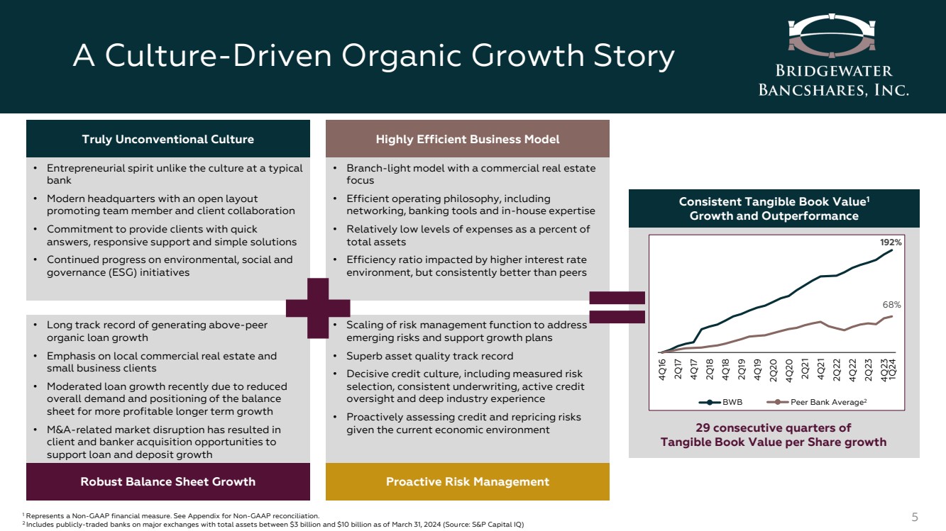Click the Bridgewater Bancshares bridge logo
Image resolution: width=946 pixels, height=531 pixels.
point(832,35)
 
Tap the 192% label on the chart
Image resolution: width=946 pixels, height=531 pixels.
point(891,242)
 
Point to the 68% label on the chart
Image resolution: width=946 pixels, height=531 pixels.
point(891,305)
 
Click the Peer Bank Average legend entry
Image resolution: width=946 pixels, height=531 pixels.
point(817,402)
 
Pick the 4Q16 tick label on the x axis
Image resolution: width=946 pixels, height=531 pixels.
point(662,369)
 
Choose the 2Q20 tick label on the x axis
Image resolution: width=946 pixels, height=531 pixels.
point(774,370)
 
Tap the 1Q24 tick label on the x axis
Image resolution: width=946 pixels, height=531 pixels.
point(892,369)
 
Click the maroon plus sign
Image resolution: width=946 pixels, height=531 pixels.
point(318,308)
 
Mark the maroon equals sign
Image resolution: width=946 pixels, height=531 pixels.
point(617,307)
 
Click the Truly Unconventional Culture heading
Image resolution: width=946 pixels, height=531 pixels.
point(168,139)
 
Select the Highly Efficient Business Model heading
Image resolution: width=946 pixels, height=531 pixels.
point(468,139)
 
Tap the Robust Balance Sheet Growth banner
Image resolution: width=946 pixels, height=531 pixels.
point(168,481)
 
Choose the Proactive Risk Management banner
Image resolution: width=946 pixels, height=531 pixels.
point(468,481)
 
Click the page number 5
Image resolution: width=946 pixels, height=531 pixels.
point(915,517)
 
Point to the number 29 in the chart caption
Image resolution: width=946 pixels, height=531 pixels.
point(703,427)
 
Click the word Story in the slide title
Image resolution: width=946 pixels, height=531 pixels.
point(634,57)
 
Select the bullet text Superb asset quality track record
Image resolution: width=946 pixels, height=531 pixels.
point(430,356)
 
